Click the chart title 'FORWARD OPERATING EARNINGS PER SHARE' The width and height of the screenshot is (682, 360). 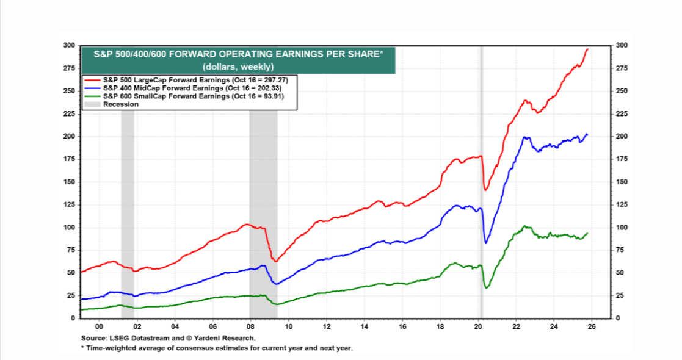pos(238,55)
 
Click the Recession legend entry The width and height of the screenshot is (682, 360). pos(121,104)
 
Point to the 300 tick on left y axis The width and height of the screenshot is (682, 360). pos(69,46)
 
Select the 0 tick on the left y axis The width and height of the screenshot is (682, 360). pos(72,319)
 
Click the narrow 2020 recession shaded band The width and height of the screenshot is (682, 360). pos(481,183)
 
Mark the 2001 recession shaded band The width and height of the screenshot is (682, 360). pos(127,183)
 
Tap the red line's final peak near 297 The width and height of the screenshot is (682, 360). pos(587,49)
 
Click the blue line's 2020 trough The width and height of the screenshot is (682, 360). pos(486,243)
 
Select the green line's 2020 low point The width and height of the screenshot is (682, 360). pos(486,288)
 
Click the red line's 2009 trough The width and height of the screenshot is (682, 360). pos(276,261)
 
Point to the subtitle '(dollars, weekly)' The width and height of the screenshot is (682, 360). pos(238,66)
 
